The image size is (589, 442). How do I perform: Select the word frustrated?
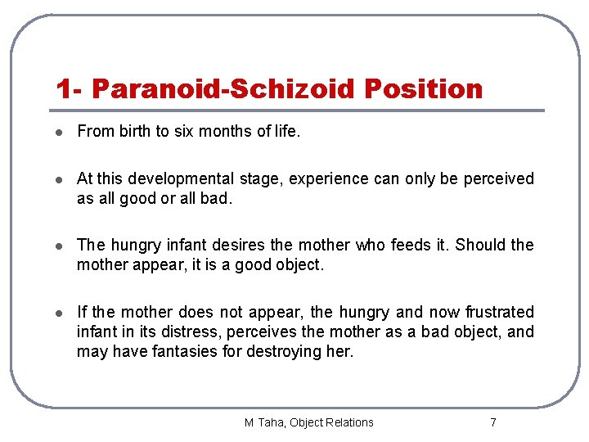point(499,312)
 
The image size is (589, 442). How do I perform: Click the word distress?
point(194,331)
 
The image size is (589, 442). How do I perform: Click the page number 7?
point(492,422)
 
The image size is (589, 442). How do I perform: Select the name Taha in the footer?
point(273,422)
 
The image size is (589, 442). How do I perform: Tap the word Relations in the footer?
point(347,422)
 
